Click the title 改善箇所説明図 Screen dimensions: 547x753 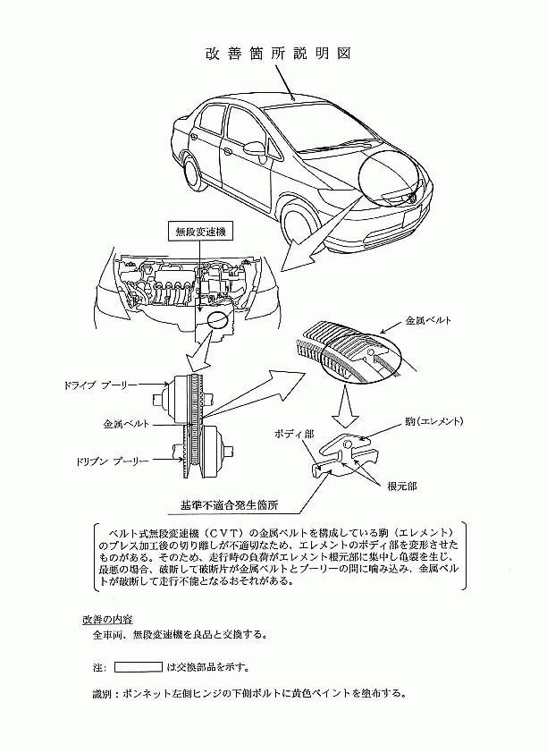[x=278, y=54]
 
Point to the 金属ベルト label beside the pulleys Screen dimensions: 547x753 [x=126, y=425]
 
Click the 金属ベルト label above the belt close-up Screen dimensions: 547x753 [x=428, y=320]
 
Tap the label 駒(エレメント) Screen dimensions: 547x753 [x=433, y=421]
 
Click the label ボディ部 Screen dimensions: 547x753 [x=294, y=434]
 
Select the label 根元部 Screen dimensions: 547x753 [x=402, y=486]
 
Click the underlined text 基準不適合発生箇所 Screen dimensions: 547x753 [x=230, y=505]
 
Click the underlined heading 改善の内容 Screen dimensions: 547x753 [x=107, y=619]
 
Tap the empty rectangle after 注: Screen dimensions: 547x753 [x=139, y=667]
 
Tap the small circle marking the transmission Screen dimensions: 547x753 [x=218, y=320]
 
